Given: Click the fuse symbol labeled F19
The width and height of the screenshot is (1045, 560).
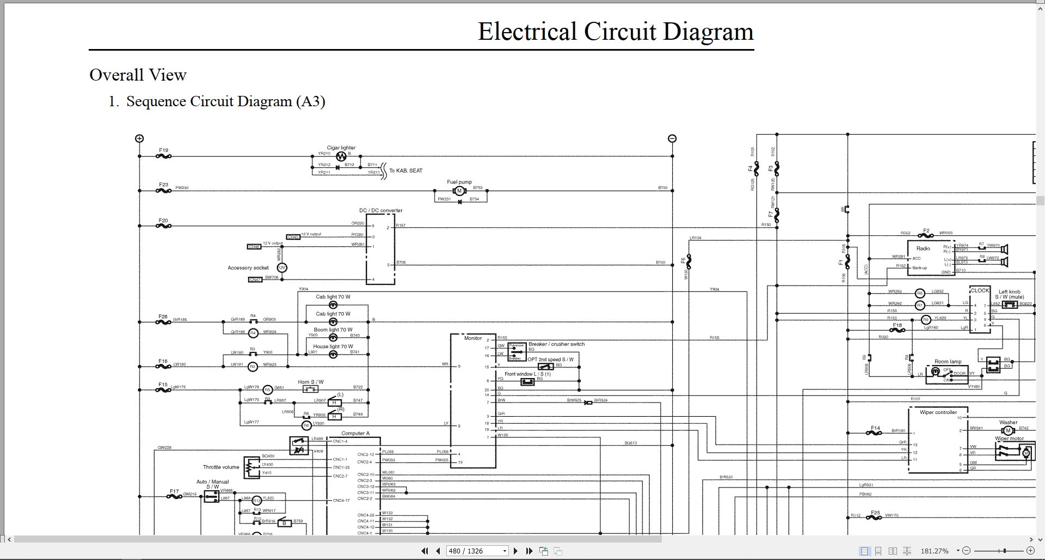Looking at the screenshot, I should (x=163, y=156).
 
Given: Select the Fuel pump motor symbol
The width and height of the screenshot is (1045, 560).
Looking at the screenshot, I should (x=459, y=191).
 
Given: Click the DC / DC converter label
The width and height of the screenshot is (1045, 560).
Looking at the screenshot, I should (x=380, y=210).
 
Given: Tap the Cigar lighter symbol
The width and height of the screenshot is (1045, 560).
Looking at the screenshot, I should (x=341, y=156).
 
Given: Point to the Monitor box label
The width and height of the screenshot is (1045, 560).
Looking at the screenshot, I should (x=472, y=338).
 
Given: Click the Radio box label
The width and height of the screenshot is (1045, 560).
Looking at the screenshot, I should (x=923, y=248).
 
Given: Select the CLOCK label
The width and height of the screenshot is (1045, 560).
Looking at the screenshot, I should (x=980, y=291).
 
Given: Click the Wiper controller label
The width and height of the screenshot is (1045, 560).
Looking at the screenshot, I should (x=938, y=412).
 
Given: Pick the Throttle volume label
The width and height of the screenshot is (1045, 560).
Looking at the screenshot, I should (x=221, y=467).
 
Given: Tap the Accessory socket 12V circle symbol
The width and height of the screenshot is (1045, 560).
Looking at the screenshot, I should (x=282, y=268).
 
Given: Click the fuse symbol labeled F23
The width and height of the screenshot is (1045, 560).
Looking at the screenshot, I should (x=163, y=191).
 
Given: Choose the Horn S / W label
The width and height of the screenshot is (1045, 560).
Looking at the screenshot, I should (x=310, y=382).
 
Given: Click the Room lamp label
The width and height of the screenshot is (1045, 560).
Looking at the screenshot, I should (x=948, y=362).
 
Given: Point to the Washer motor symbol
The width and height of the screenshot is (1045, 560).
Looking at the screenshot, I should (x=1006, y=431).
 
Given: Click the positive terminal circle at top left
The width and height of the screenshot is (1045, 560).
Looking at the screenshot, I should (x=139, y=138).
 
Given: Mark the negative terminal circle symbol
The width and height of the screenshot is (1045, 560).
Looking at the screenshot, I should (x=672, y=138).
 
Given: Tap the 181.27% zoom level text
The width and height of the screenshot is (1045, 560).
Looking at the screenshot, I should (x=934, y=551).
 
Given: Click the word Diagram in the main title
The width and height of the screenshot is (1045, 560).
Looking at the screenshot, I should (x=708, y=32).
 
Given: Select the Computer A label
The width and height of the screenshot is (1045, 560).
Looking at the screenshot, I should (x=355, y=434).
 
